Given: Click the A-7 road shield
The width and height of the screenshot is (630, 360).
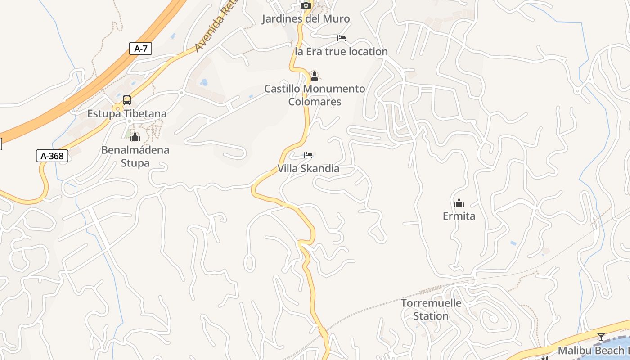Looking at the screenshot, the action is tap(140, 49).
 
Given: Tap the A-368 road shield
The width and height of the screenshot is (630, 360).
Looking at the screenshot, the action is tap(52, 156).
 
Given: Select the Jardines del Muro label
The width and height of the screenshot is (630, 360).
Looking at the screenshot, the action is tap(306, 19).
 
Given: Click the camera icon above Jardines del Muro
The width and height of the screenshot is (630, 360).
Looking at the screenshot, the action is tap(306, 6).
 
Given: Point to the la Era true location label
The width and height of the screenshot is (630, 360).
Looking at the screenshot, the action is tap(341, 52).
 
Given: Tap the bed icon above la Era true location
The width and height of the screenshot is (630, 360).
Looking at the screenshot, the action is tap(342, 38).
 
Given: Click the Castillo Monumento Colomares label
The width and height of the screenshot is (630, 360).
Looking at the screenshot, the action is tap(315, 95).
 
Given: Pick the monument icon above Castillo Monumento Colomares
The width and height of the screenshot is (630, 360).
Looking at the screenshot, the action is tap(315, 76).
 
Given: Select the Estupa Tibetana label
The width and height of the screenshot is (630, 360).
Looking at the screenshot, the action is tap(127, 113).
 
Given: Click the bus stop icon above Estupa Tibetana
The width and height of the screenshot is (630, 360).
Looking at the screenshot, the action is tap(127, 100).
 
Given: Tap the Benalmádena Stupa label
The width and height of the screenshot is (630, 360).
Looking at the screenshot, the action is tap(135, 156).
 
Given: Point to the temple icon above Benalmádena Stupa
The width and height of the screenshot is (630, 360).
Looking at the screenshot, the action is tap(135, 137).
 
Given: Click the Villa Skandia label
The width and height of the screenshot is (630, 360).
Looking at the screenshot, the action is tap(308, 169).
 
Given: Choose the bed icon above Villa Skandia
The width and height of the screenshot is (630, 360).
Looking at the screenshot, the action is tap(308, 156).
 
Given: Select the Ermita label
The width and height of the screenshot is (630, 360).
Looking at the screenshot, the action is tap(459, 216).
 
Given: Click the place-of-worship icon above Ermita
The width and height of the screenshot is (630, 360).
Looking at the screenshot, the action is tap(459, 203).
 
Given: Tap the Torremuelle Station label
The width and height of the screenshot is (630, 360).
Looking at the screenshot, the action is tap(431, 309).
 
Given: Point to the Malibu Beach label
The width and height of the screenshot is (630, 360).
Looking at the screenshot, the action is tap(593, 351).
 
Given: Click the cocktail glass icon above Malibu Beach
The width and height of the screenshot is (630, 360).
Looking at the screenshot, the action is tap(601, 337).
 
